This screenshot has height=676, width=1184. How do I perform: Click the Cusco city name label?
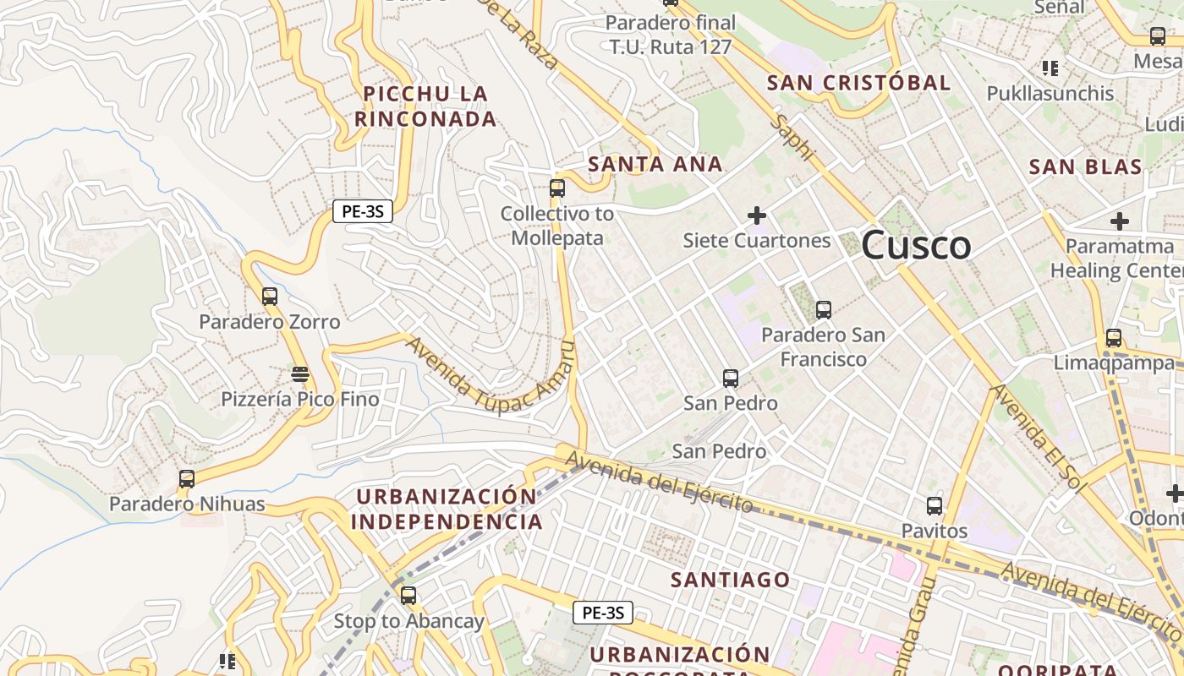click(x=917, y=246)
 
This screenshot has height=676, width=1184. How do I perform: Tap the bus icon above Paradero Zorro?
click(x=270, y=297)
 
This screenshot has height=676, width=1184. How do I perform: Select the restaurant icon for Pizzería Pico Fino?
click(x=300, y=373)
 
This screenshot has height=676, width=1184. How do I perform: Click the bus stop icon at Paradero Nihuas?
click(x=187, y=479)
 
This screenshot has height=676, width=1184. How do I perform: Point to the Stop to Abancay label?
click(x=409, y=621)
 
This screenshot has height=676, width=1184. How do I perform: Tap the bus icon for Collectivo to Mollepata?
click(x=557, y=188)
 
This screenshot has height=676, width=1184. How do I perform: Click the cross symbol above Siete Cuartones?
click(x=757, y=215)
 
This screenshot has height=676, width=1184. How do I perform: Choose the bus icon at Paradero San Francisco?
click(x=824, y=310)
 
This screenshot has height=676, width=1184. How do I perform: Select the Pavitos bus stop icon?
click(x=935, y=506)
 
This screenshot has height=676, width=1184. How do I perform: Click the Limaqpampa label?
click(x=1114, y=363)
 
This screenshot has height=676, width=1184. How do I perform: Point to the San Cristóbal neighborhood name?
click(x=858, y=83)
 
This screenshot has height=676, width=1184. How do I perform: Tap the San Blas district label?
click(x=1086, y=166)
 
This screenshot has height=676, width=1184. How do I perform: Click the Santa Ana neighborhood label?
click(x=655, y=164)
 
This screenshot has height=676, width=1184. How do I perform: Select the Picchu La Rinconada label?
click(x=425, y=106)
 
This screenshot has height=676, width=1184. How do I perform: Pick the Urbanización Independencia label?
click(x=447, y=509)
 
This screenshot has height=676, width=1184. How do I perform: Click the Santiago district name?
click(x=731, y=580)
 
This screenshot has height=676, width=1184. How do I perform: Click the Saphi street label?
click(x=794, y=138)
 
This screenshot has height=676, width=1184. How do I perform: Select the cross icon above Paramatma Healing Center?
click(x=1120, y=221)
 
